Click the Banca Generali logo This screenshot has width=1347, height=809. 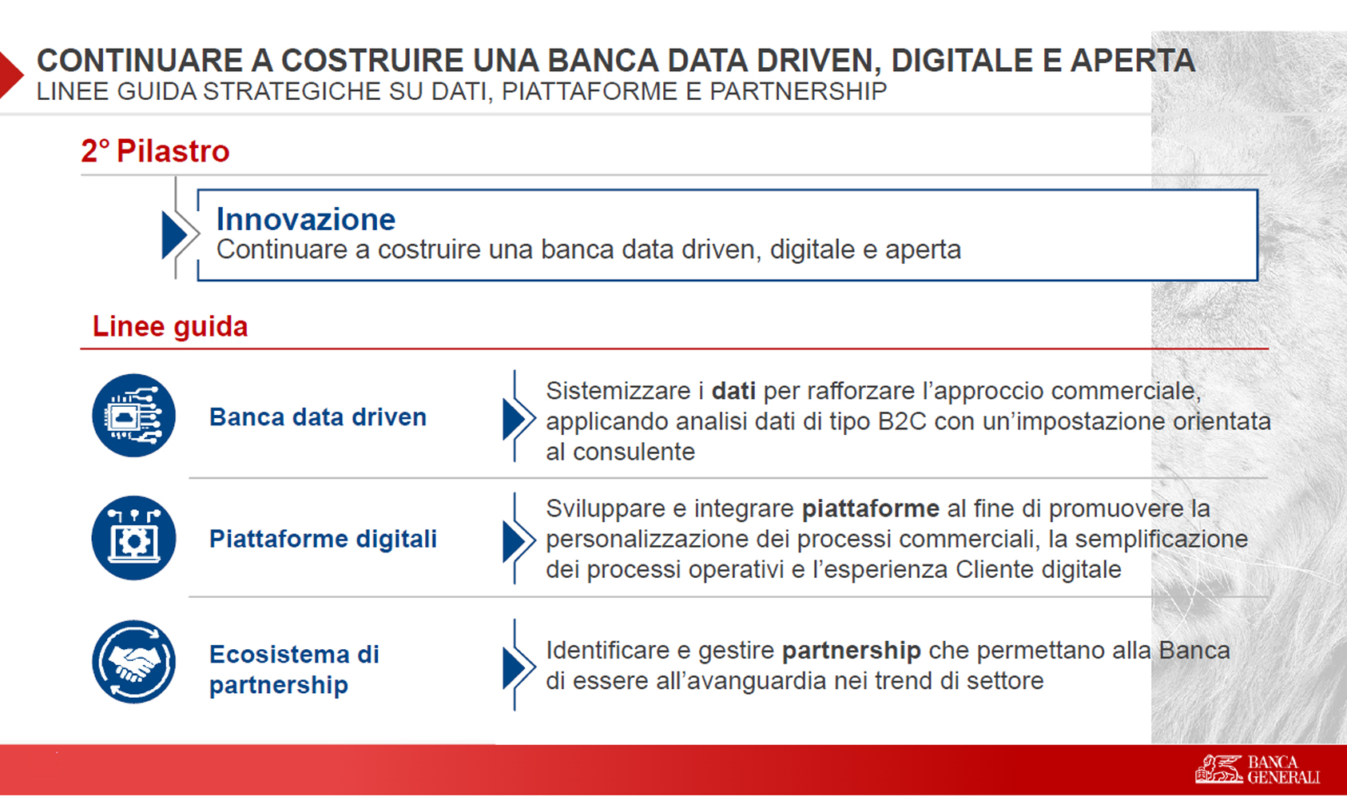pyautogui.click(x=1258, y=769)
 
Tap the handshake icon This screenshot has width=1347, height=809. pyautogui.click(x=133, y=662)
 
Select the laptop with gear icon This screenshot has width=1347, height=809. pyautogui.click(x=133, y=538)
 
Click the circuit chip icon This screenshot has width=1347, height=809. pyautogui.click(x=133, y=415)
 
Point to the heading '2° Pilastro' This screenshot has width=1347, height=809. pyautogui.click(x=155, y=150)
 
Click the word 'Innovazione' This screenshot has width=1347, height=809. pyautogui.click(x=305, y=219)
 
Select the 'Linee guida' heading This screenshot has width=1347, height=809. pyautogui.click(x=169, y=327)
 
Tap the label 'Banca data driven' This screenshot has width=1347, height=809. pyautogui.click(x=317, y=416)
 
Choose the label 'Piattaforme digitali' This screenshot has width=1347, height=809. pyautogui.click(x=323, y=539)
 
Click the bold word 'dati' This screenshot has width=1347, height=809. pyautogui.click(x=733, y=391)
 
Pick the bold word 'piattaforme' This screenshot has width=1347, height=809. pyautogui.click(x=871, y=509)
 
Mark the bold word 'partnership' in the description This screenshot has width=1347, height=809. pyautogui.click(x=852, y=651)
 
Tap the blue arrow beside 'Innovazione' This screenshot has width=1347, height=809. pyautogui.click(x=175, y=234)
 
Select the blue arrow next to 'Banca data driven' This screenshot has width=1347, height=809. pyautogui.click(x=515, y=419)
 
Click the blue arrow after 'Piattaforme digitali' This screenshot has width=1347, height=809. pyautogui.click(x=515, y=541)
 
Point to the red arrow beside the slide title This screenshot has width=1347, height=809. pyautogui.click(x=10, y=74)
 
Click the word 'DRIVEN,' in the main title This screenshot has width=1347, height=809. pyautogui.click(x=820, y=61)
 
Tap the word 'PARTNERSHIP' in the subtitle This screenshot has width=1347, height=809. pyautogui.click(x=798, y=91)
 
